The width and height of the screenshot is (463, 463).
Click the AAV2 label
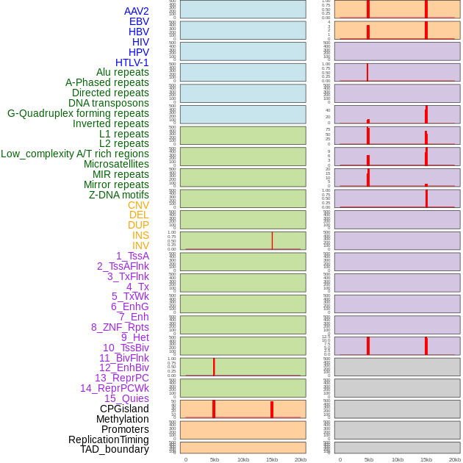pyautogui.click(x=137, y=11)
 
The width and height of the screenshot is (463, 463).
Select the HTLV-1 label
pyautogui.click(x=132, y=62)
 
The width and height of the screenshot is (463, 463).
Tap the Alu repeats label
pyautogui.click(x=123, y=73)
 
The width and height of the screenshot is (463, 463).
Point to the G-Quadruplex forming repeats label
pyautogui.click(x=78, y=113)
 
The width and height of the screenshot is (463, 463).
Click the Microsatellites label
pyautogui.click(x=116, y=164)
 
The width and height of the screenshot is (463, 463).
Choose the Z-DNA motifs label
pyautogui.click(x=119, y=195)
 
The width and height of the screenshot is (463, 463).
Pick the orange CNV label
pyautogui.click(x=138, y=205)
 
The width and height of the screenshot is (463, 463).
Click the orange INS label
pyautogui.click(x=140, y=235)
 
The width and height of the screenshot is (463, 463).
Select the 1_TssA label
pyautogui.click(x=132, y=256)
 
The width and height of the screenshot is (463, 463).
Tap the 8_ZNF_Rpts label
pyautogui.click(x=120, y=327)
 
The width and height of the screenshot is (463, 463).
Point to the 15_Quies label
pyautogui.click(x=126, y=398)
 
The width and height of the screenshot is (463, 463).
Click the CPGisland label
pyautogui.click(x=124, y=409)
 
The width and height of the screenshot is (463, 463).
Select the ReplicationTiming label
pyautogui.click(x=109, y=439)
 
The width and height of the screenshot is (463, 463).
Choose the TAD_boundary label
pyautogui.click(x=115, y=449)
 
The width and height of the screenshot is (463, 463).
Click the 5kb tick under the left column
pyautogui.click(x=215, y=459)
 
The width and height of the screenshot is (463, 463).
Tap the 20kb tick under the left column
pyautogui.click(x=301, y=459)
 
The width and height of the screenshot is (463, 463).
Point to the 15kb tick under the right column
pyautogui.click(x=426, y=459)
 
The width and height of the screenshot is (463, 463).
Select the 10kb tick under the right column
pyautogui.click(x=398, y=459)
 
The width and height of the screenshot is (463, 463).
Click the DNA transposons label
pyautogui.click(x=109, y=103)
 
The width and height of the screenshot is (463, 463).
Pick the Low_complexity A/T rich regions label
pyautogui.click(x=75, y=154)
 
